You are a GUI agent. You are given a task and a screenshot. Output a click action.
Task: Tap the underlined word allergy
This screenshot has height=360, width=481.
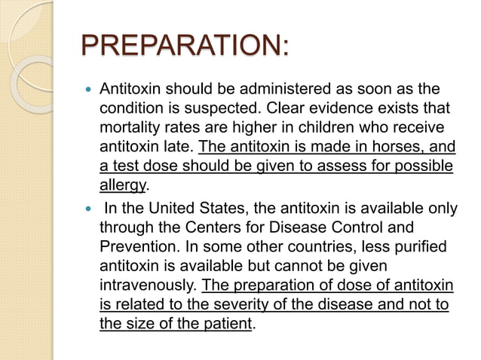(x=124, y=185)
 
